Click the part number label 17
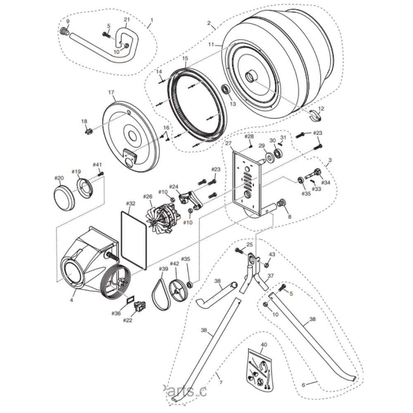click(x=111, y=93)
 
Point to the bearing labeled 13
click(x=226, y=89)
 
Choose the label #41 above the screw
click(x=97, y=164)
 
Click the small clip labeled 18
click(x=88, y=132)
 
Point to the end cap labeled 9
click(x=64, y=31)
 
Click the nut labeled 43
click(x=268, y=264)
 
